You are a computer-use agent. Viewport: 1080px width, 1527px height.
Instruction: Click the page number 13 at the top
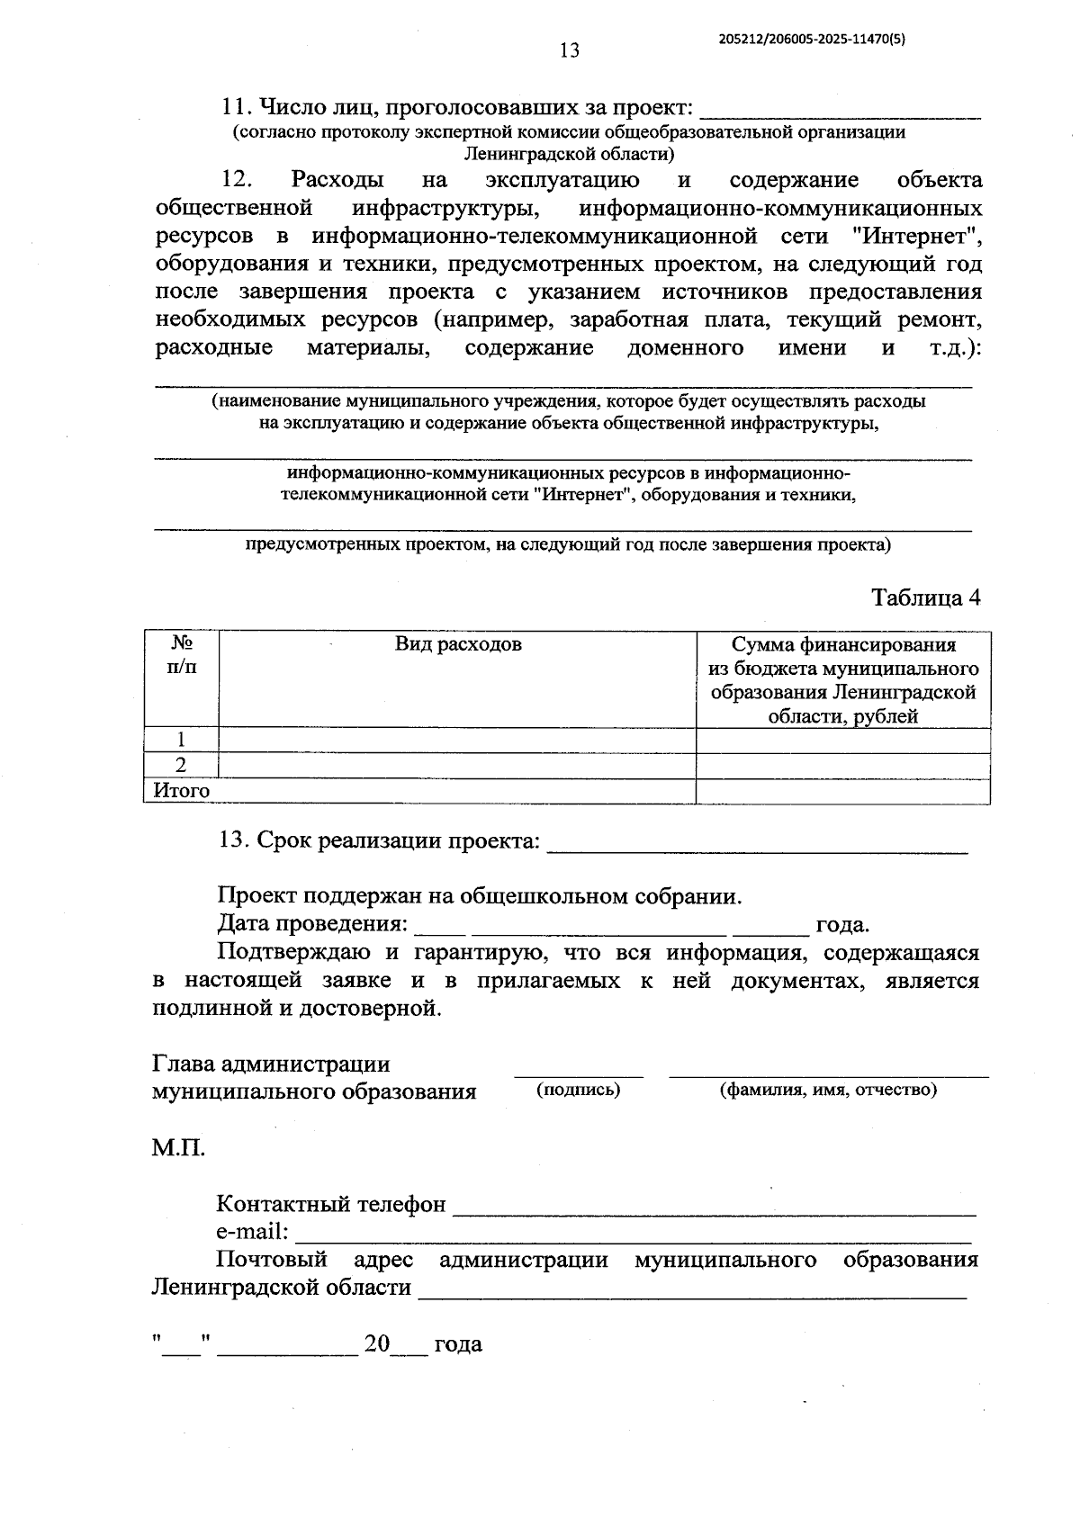569,50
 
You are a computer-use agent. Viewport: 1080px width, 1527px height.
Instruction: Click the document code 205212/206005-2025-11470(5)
812,39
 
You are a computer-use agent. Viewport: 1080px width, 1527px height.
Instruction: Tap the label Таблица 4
925,597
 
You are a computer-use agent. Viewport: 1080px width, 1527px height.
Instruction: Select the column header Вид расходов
458,644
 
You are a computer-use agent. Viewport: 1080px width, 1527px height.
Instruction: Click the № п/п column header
181,656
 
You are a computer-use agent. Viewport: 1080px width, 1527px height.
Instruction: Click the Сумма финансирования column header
843,680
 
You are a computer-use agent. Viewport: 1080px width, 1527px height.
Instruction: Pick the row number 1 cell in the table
181,740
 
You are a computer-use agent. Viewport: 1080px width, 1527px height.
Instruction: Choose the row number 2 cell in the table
181,766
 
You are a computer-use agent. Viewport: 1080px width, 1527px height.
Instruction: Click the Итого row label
182,791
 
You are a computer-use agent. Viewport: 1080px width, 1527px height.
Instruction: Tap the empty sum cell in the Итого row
843,792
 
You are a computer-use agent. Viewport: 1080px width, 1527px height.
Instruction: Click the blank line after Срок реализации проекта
757,846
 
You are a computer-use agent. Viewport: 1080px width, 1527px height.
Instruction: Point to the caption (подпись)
579,1090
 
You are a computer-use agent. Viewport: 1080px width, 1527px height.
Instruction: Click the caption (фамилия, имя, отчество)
828,1090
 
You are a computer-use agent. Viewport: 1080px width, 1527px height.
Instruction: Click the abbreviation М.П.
178,1148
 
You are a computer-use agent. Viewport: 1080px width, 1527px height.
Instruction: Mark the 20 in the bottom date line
376,1344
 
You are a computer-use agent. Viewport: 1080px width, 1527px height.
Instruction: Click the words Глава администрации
271,1064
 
